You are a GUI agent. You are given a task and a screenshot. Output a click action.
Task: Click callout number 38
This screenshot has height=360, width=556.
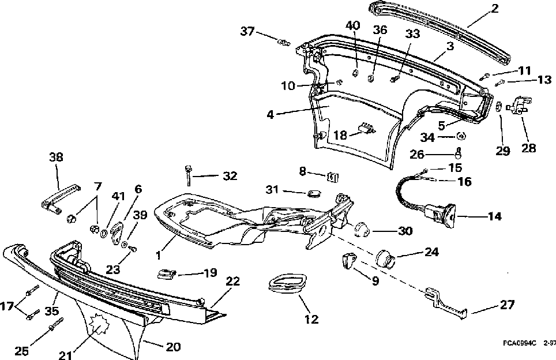[57, 156]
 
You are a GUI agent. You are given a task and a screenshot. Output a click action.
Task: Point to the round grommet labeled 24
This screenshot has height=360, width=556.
[387, 258]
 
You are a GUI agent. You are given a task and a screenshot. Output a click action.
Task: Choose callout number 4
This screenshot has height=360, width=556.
[270, 114]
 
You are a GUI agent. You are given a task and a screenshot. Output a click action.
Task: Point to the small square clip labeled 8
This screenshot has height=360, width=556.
[332, 177]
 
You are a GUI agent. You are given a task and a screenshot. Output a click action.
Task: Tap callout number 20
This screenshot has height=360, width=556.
[173, 347]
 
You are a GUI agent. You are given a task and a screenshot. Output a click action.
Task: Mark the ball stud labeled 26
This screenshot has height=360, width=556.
[459, 153]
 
